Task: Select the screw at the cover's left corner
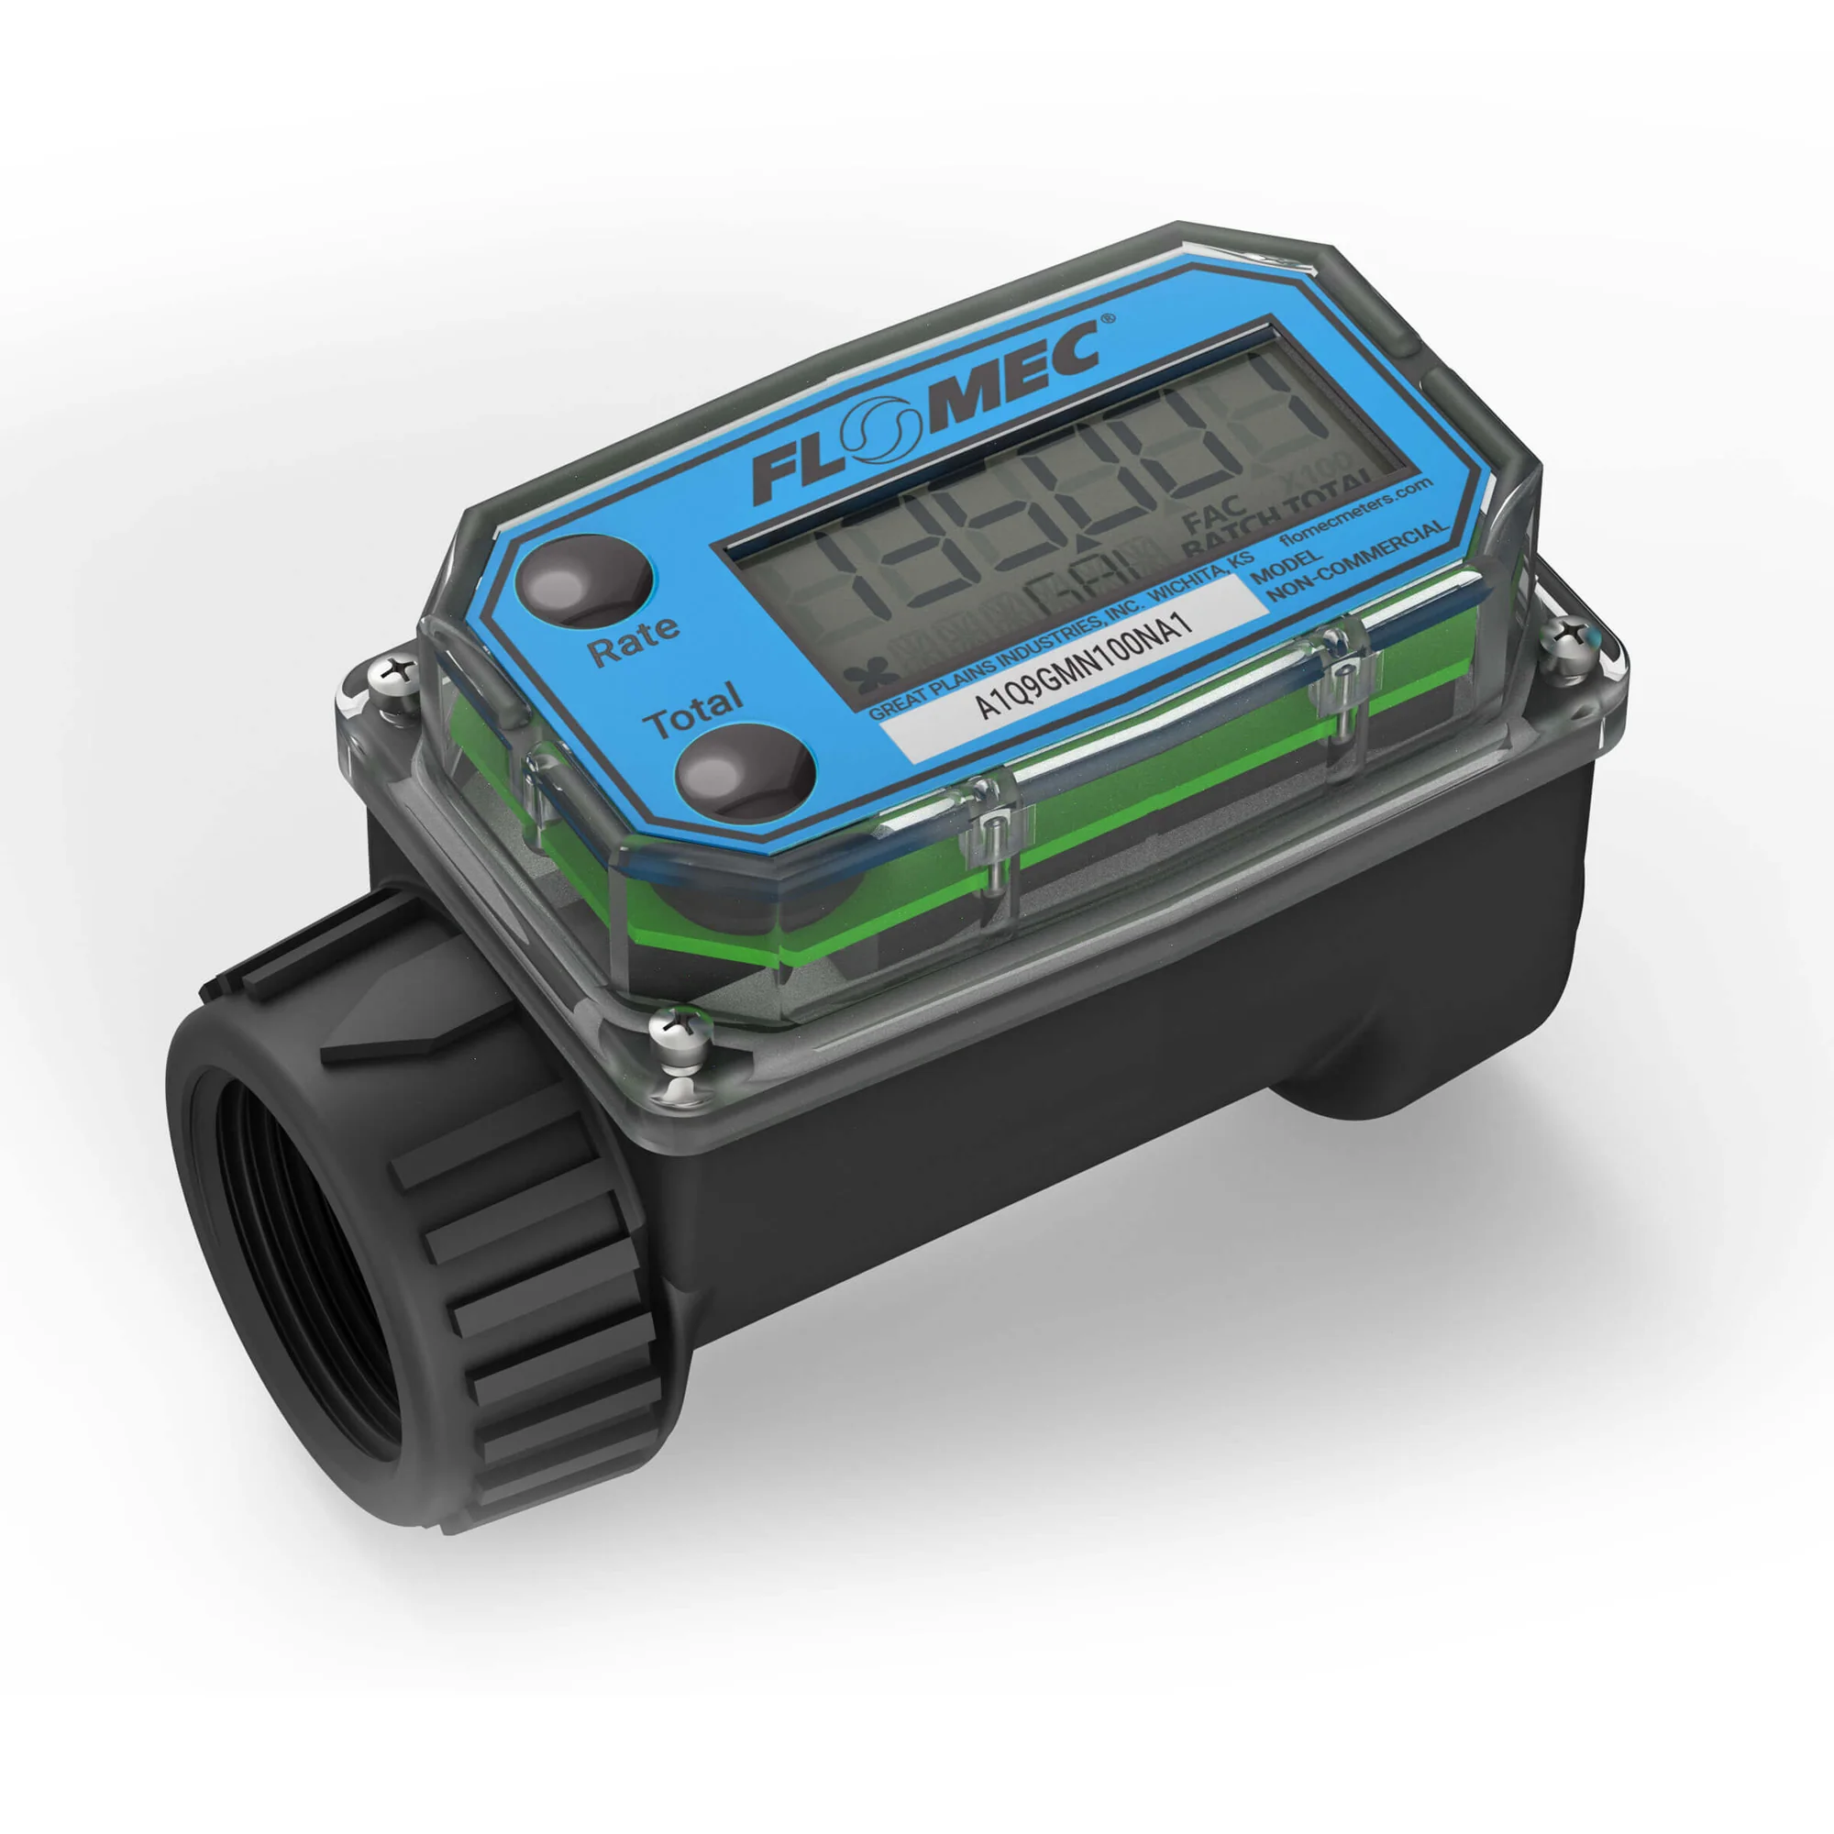point(395,671)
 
